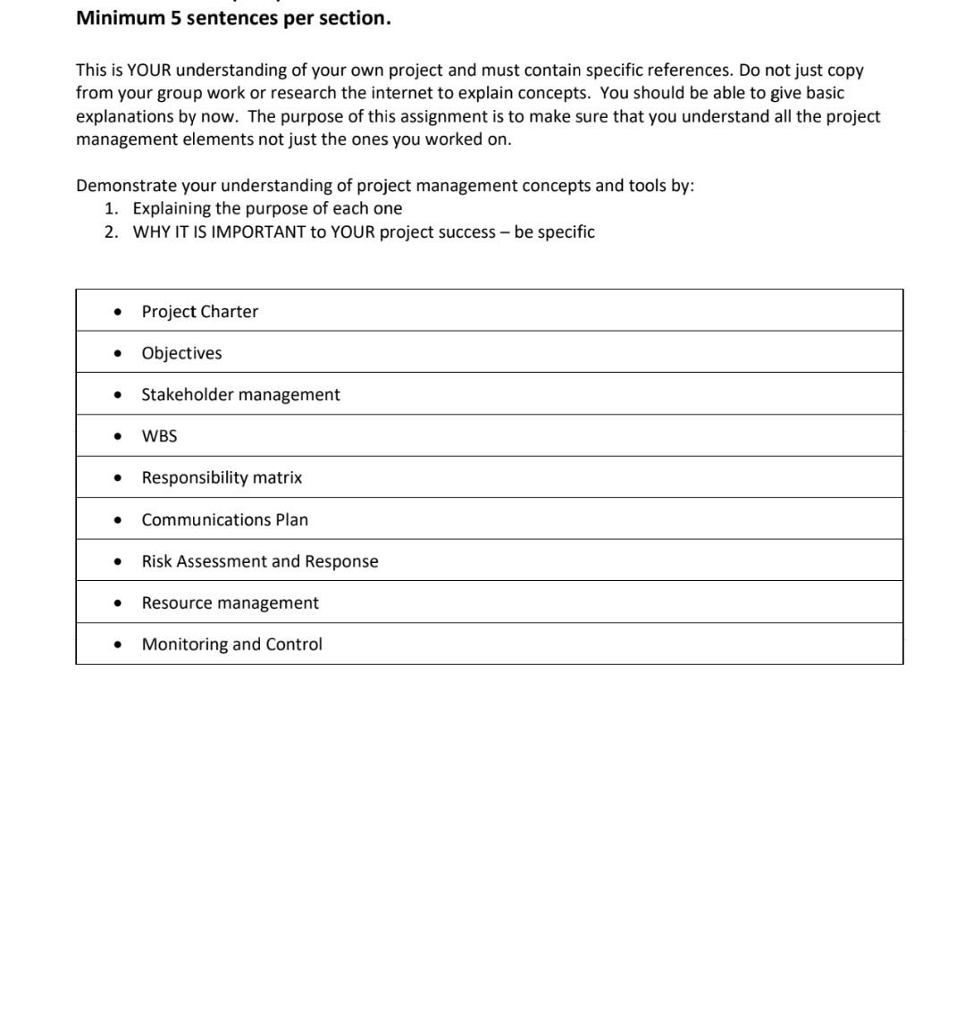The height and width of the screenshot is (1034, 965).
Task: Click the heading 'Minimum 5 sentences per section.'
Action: point(233,19)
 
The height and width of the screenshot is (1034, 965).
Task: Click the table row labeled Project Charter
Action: point(199,312)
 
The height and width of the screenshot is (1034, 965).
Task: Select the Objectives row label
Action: point(181,353)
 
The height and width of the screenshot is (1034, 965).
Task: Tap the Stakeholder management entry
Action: point(240,395)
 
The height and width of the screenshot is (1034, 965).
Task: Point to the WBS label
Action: point(159,436)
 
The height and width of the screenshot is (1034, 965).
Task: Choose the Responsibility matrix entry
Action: point(222,478)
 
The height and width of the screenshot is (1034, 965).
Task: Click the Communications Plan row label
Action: point(224,520)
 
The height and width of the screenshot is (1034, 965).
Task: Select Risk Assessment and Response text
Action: point(259,561)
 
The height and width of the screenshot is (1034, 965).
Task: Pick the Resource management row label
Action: point(230,603)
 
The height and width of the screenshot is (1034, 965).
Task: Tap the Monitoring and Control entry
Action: point(231,644)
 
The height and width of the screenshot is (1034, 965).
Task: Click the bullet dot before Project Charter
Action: point(118,312)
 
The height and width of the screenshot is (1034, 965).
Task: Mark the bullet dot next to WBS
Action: point(118,437)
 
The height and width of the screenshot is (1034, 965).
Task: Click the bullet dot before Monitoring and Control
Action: point(118,645)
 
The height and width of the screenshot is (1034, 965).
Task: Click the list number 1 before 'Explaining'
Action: point(110,209)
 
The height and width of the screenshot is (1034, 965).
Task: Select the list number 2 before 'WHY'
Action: point(110,232)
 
